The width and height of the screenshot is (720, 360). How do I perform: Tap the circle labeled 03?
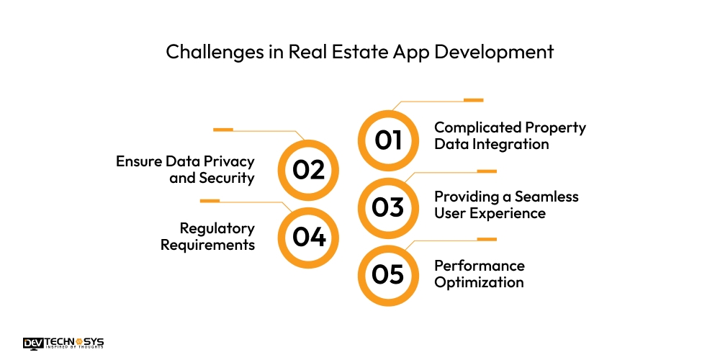(x=388, y=207)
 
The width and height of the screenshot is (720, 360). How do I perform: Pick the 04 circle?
(x=308, y=236)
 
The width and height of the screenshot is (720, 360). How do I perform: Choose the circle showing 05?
(x=388, y=274)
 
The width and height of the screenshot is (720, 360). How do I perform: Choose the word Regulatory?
(x=217, y=228)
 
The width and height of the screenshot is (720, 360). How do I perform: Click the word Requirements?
(x=207, y=245)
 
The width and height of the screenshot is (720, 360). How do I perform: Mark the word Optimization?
(x=479, y=282)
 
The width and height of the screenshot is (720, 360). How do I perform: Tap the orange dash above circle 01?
(x=473, y=100)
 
